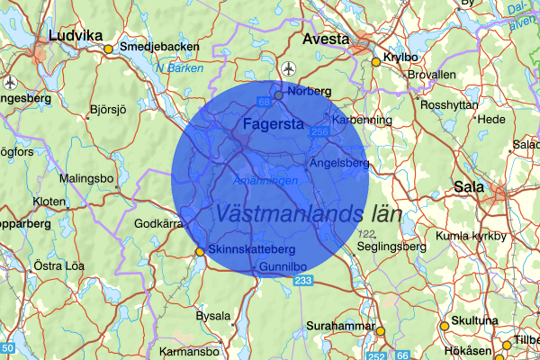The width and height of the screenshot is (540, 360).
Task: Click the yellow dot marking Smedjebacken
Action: [x=109, y=49]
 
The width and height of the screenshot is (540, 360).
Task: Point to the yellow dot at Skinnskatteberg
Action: [x=200, y=252]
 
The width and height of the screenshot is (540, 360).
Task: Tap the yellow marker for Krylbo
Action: [x=376, y=62]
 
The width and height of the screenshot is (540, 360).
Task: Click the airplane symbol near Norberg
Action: [x=288, y=68]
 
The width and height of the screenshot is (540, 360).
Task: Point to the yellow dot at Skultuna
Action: [x=444, y=326]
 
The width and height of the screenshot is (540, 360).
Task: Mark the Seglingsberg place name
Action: [x=390, y=247]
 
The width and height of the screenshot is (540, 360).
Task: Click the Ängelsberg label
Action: [x=339, y=163]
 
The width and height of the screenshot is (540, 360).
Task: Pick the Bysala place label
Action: [x=213, y=316]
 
